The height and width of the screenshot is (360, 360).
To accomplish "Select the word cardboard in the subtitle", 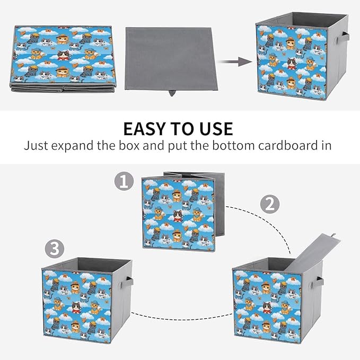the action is [286, 145].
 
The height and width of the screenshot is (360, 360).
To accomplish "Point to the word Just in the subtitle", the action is [36, 145].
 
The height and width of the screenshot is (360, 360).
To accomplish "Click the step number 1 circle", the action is [124, 181].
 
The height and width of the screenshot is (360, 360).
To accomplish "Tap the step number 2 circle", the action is [270, 204].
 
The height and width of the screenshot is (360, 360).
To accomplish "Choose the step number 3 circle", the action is [55, 249].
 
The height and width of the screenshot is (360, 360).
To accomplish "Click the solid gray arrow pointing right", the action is [234, 62].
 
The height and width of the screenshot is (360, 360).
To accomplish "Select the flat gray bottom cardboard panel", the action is [171, 59].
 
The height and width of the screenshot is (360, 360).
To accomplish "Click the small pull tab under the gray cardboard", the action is [172, 93].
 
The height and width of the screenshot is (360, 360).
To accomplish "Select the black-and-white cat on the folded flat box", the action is [64, 55].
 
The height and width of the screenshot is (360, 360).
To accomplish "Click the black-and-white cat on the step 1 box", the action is [178, 216].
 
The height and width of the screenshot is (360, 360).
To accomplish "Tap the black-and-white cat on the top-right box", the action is [292, 64].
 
